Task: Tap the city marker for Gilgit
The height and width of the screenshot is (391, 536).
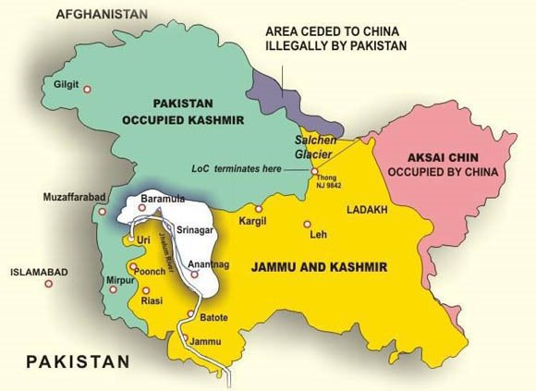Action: click(88, 90)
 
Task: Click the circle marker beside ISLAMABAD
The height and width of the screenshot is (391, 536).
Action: click(49, 284)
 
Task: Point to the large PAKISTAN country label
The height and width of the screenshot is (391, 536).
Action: click(79, 360)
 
